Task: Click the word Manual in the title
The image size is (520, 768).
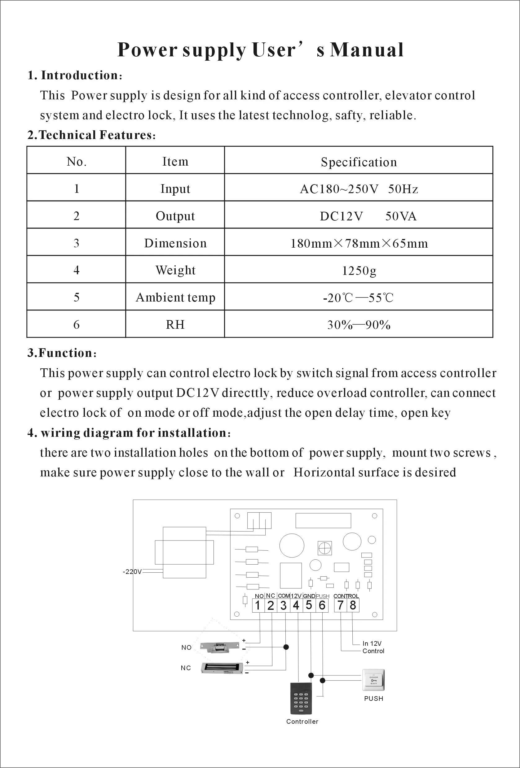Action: (367, 50)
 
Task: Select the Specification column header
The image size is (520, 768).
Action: (359, 162)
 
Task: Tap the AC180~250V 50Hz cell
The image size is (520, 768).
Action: (359, 189)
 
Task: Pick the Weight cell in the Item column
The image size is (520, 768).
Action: (175, 270)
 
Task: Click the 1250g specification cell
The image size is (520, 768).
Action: (359, 271)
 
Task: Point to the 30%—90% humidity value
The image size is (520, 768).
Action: (359, 325)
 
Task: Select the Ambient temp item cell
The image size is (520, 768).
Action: (175, 297)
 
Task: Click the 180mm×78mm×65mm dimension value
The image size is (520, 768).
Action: (359, 244)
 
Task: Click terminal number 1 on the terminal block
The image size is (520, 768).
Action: (258, 606)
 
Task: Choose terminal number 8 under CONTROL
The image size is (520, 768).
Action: (353, 605)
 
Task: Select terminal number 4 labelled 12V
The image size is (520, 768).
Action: (296, 605)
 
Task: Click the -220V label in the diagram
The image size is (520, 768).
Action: (132, 572)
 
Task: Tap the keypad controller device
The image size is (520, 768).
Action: (301, 698)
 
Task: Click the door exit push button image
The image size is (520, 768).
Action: (373, 680)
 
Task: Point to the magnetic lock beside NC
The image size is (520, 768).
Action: (222, 668)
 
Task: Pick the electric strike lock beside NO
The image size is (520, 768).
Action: (219, 647)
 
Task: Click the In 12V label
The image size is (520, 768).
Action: (372, 644)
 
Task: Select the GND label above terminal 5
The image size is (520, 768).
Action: (309, 596)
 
